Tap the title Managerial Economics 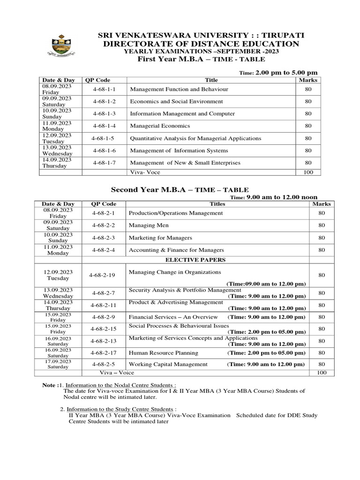160,126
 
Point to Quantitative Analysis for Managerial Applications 195,138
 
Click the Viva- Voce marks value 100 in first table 308,172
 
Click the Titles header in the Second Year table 218,204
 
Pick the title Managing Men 146,225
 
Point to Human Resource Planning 163,353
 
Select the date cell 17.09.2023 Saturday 58,364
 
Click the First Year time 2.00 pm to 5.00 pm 286,73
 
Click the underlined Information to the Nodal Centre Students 121,384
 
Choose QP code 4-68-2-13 104,341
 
